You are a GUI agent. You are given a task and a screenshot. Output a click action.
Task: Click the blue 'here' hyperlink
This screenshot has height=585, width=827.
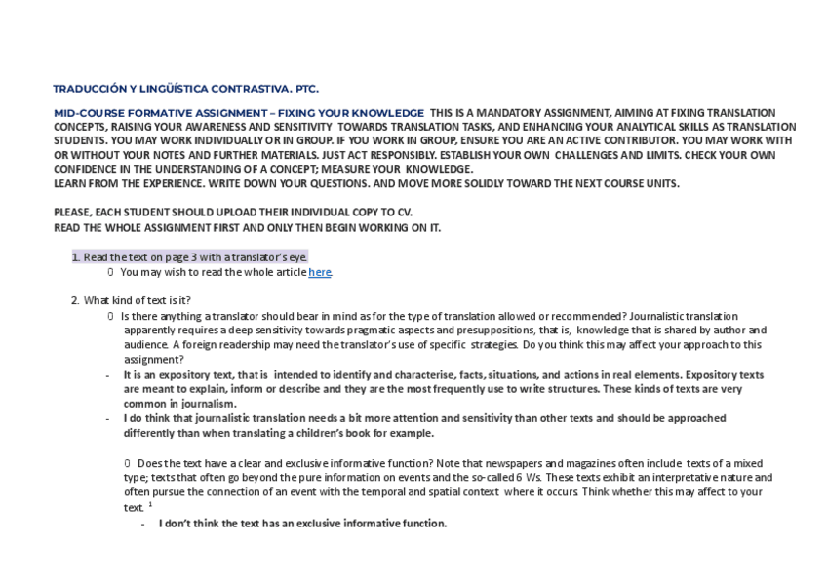(x=320, y=272)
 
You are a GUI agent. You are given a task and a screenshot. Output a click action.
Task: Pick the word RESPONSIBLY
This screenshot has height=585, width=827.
(x=388, y=155)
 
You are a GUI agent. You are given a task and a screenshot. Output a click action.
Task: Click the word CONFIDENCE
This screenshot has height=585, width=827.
(x=85, y=169)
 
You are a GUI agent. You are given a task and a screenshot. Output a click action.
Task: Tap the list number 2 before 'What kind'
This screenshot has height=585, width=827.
(x=74, y=300)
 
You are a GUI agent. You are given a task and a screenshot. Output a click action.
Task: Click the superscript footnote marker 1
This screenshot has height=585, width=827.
(x=150, y=504)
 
